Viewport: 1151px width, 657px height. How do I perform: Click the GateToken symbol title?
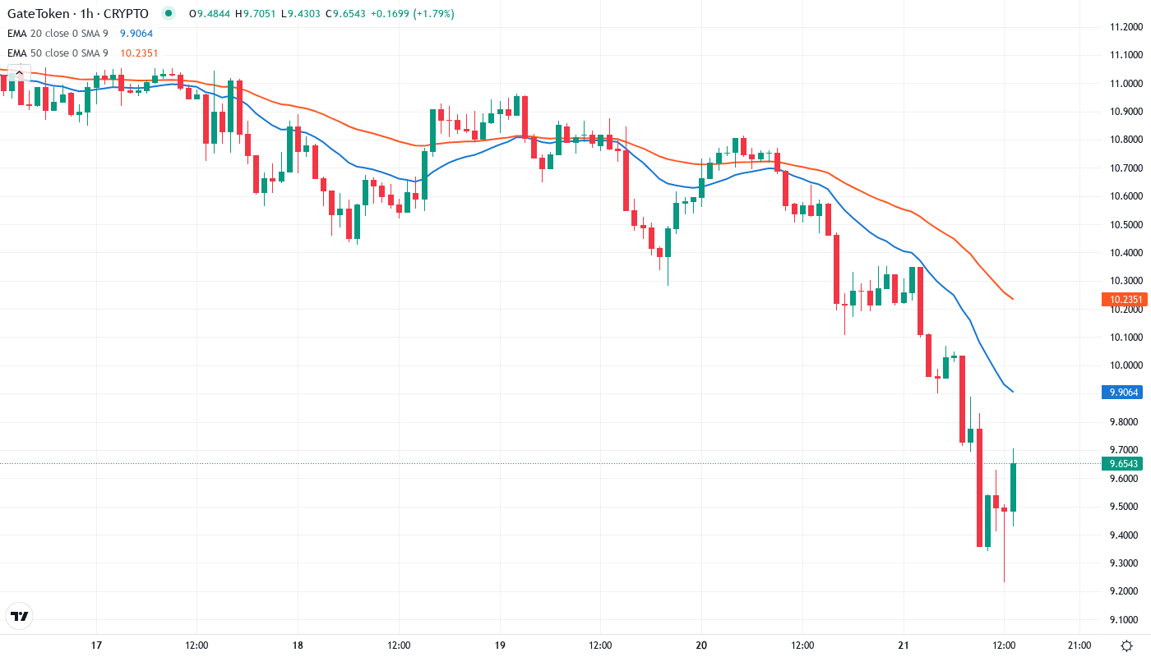pos(78,14)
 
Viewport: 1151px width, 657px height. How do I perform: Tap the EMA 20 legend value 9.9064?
pos(136,34)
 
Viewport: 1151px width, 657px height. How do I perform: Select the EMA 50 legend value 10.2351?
pos(139,53)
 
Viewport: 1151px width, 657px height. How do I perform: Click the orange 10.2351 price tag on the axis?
pos(1123,300)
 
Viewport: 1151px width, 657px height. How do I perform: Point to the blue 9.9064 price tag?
pos(1123,393)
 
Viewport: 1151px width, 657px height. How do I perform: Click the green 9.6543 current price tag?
pos(1123,464)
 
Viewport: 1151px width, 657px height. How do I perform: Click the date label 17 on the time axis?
pos(96,645)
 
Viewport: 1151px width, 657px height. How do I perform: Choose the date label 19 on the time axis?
pos(500,645)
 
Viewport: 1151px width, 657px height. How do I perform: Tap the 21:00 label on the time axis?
pos(1079,645)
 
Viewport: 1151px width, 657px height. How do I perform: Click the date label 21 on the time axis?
pos(904,645)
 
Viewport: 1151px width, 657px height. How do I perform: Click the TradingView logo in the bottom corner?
pos(20,616)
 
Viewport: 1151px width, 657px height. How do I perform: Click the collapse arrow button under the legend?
pos(18,73)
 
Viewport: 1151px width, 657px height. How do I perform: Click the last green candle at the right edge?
pos(1013,487)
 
